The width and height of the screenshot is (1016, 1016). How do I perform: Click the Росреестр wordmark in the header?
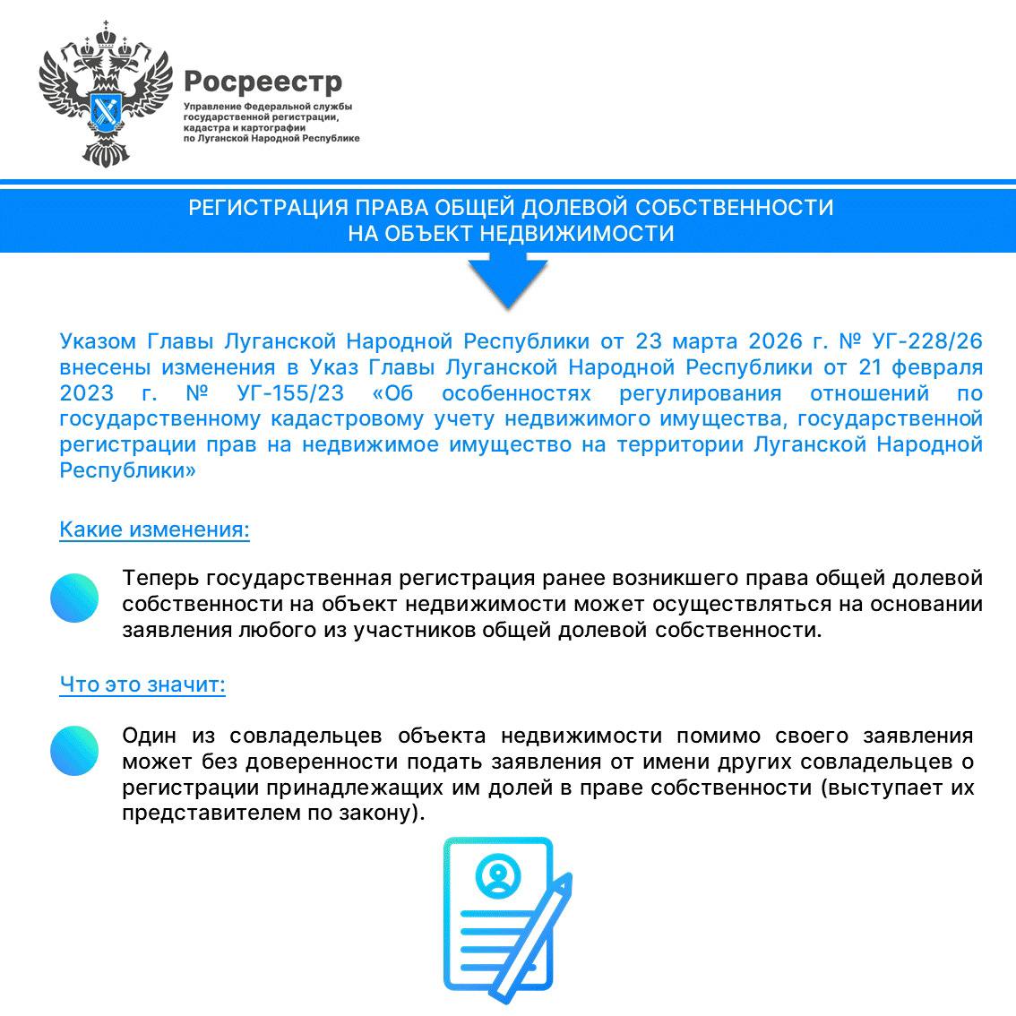(263, 82)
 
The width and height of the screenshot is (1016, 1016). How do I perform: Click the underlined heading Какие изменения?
(154, 530)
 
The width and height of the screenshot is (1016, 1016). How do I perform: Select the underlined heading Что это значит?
(142, 685)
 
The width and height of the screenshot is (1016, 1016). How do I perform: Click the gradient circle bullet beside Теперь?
(74, 598)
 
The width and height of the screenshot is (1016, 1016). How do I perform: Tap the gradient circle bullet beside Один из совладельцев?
(74, 750)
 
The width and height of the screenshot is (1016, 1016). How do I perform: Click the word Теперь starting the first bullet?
(160, 578)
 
